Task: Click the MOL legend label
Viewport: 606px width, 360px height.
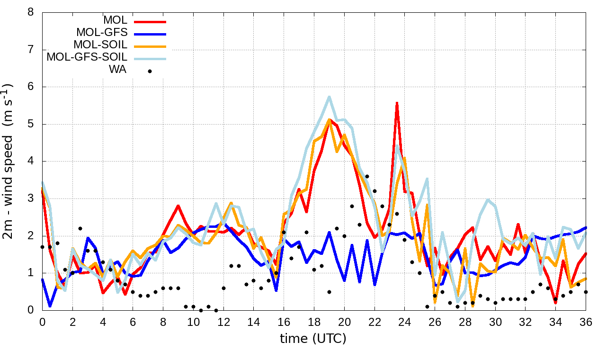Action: coord(115,20)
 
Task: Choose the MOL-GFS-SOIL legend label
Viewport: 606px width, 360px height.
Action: coord(87,57)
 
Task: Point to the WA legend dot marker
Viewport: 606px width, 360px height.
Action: coord(150,71)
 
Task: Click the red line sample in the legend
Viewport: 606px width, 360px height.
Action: coord(150,21)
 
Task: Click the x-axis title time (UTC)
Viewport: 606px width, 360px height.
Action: coord(313,338)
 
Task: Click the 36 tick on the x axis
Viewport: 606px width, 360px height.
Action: coord(586,322)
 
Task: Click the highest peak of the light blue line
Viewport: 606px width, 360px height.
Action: coord(329,97)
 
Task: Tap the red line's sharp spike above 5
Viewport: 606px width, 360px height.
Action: coord(397,102)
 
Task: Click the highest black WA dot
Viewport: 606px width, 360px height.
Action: coord(367,176)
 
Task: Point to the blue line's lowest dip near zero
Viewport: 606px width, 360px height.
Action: coord(50,306)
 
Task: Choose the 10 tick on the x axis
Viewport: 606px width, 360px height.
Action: coord(193,322)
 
